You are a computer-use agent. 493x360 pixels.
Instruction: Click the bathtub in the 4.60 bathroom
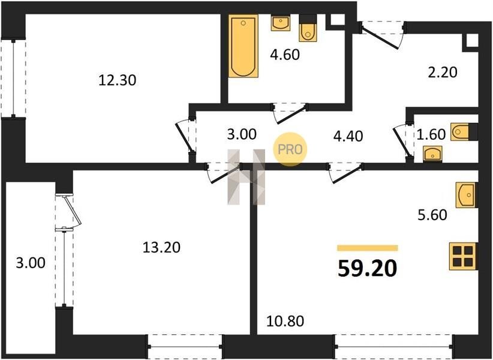pyautogui.click(x=243, y=46)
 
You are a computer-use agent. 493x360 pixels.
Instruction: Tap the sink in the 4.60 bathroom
pyautogui.click(x=281, y=23)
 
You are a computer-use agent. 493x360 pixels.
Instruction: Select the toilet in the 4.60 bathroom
pyautogui.click(x=308, y=29)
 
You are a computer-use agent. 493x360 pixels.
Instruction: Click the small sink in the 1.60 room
pyautogui.click(x=432, y=154)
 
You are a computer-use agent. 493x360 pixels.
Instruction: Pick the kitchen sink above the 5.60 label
pyautogui.click(x=467, y=195)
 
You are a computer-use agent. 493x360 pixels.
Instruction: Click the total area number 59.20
pyautogui.click(x=367, y=269)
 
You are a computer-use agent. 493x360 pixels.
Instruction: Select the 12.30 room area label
pyautogui.click(x=118, y=80)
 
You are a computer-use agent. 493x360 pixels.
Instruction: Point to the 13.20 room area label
pyautogui.click(x=161, y=247)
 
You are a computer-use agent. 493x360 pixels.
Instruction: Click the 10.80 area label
pyautogui.click(x=285, y=322)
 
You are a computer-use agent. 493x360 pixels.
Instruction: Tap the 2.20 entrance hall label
pyautogui.click(x=443, y=73)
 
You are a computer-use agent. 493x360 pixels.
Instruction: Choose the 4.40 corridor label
pyautogui.click(x=348, y=136)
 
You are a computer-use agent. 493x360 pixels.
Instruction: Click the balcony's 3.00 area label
pyautogui.click(x=31, y=263)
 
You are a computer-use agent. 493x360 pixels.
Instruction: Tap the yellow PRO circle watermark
pyautogui.click(x=290, y=149)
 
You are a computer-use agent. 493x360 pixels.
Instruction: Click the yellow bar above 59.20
pyautogui.click(x=368, y=248)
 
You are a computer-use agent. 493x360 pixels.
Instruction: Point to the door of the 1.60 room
pyautogui.click(x=402, y=140)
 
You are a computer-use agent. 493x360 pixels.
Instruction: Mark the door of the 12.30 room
pyautogui.click(x=185, y=137)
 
